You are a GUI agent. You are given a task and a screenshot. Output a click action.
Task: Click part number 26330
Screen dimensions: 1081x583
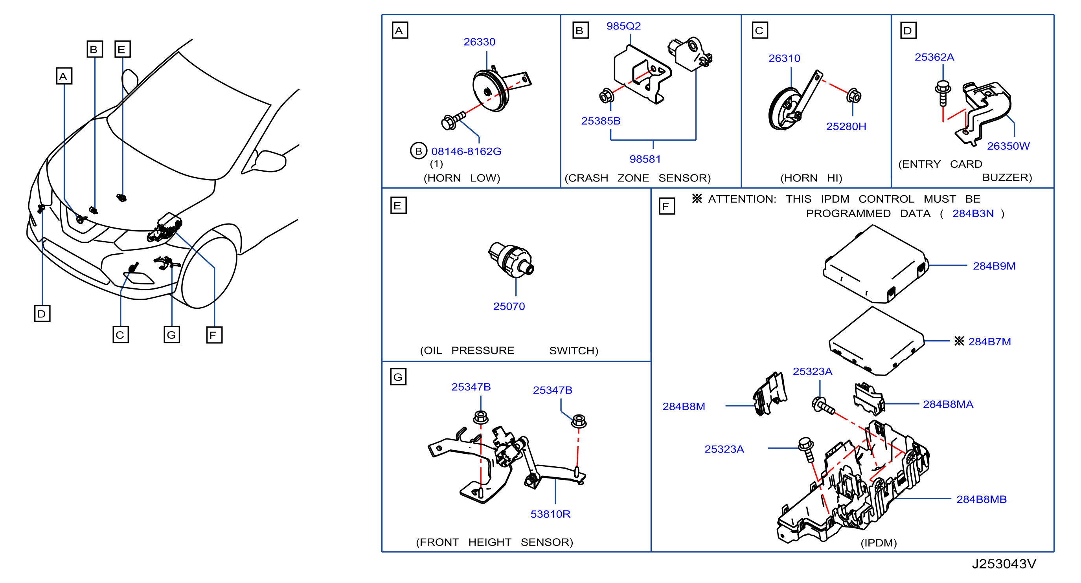(x=479, y=42)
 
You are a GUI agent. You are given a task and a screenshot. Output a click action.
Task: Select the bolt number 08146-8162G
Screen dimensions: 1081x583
(x=466, y=151)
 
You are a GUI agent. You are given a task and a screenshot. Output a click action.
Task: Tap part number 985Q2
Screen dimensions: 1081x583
(x=623, y=26)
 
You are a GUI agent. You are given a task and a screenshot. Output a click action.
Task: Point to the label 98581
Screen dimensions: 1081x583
(x=645, y=159)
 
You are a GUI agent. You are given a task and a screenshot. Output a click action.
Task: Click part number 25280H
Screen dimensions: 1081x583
(x=846, y=126)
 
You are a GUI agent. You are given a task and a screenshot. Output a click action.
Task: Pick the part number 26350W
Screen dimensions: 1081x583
(x=1008, y=146)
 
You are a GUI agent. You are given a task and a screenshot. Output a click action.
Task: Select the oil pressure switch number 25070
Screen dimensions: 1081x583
(x=509, y=306)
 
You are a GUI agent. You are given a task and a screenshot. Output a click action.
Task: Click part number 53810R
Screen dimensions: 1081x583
(x=550, y=514)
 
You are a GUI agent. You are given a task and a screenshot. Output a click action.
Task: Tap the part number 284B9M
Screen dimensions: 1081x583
(x=994, y=266)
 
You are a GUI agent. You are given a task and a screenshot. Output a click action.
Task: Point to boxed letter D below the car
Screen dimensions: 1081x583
(x=42, y=313)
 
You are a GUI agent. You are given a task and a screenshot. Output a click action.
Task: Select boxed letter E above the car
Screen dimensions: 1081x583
(x=123, y=49)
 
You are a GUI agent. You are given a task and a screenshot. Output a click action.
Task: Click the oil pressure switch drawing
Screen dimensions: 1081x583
(x=511, y=259)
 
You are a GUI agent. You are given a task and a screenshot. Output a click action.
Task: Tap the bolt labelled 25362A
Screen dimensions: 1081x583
(x=943, y=93)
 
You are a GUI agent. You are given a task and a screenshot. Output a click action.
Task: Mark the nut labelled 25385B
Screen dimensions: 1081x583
(x=607, y=96)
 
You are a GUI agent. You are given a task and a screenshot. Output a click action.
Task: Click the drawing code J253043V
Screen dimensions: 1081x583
(x=1004, y=564)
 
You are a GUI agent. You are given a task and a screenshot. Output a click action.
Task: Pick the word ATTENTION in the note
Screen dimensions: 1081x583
(x=742, y=199)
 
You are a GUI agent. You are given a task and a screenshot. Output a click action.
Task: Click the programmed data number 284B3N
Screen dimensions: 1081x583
(x=973, y=213)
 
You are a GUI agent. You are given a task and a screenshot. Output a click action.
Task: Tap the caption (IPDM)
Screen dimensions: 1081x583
(x=878, y=543)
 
